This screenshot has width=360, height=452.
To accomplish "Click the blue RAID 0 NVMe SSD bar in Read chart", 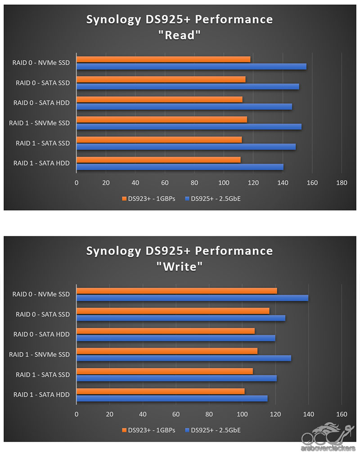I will click(x=191, y=67).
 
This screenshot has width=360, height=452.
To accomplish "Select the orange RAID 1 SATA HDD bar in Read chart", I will click(x=158, y=160).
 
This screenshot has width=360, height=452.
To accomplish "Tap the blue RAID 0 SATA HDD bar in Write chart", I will click(x=175, y=338).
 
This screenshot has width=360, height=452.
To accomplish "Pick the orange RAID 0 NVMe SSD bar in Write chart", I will click(x=176, y=291).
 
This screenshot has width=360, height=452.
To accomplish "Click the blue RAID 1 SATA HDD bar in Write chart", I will click(x=172, y=398).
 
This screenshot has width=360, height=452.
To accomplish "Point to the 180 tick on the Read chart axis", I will click(x=342, y=183).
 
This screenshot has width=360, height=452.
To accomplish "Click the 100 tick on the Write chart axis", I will click(x=242, y=414).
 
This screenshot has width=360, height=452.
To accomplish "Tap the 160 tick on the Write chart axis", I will click(x=342, y=414).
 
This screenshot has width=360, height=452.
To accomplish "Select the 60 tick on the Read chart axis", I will click(x=165, y=183).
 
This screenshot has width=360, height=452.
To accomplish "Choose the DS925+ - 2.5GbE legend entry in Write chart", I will click(x=212, y=430).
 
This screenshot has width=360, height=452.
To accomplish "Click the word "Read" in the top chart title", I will click(x=180, y=36).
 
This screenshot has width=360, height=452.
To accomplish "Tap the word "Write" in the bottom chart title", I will click(x=180, y=267).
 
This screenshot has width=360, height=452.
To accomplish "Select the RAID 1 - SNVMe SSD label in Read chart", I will click(x=40, y=123).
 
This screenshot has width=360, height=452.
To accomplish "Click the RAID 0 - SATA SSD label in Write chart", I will click(x=43, y=314).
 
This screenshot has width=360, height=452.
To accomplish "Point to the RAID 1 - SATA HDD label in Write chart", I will click(x=42, y=395).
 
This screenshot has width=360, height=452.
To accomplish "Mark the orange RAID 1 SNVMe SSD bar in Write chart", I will click(x=167, y=351).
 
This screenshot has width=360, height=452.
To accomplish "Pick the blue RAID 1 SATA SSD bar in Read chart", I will click(x=186, y=147).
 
